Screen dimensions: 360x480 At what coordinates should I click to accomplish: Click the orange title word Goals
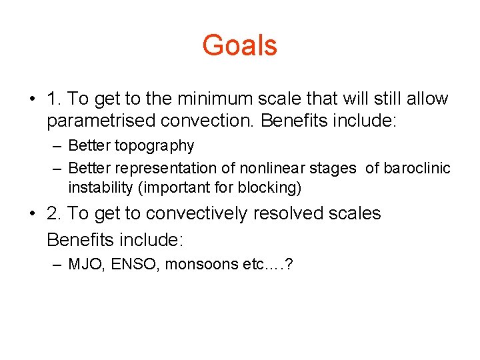coord(239,45)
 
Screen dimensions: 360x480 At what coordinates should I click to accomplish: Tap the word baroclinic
coord(417,168)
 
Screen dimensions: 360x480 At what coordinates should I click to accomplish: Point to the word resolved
coord(291,214)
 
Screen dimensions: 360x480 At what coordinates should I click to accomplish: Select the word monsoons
coord(196,264)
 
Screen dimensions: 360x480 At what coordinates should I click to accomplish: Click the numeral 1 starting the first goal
coord(53,99)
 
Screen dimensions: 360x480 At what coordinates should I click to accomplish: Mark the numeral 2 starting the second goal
coord(53,214)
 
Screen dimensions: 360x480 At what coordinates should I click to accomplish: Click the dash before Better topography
coord(59,146)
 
